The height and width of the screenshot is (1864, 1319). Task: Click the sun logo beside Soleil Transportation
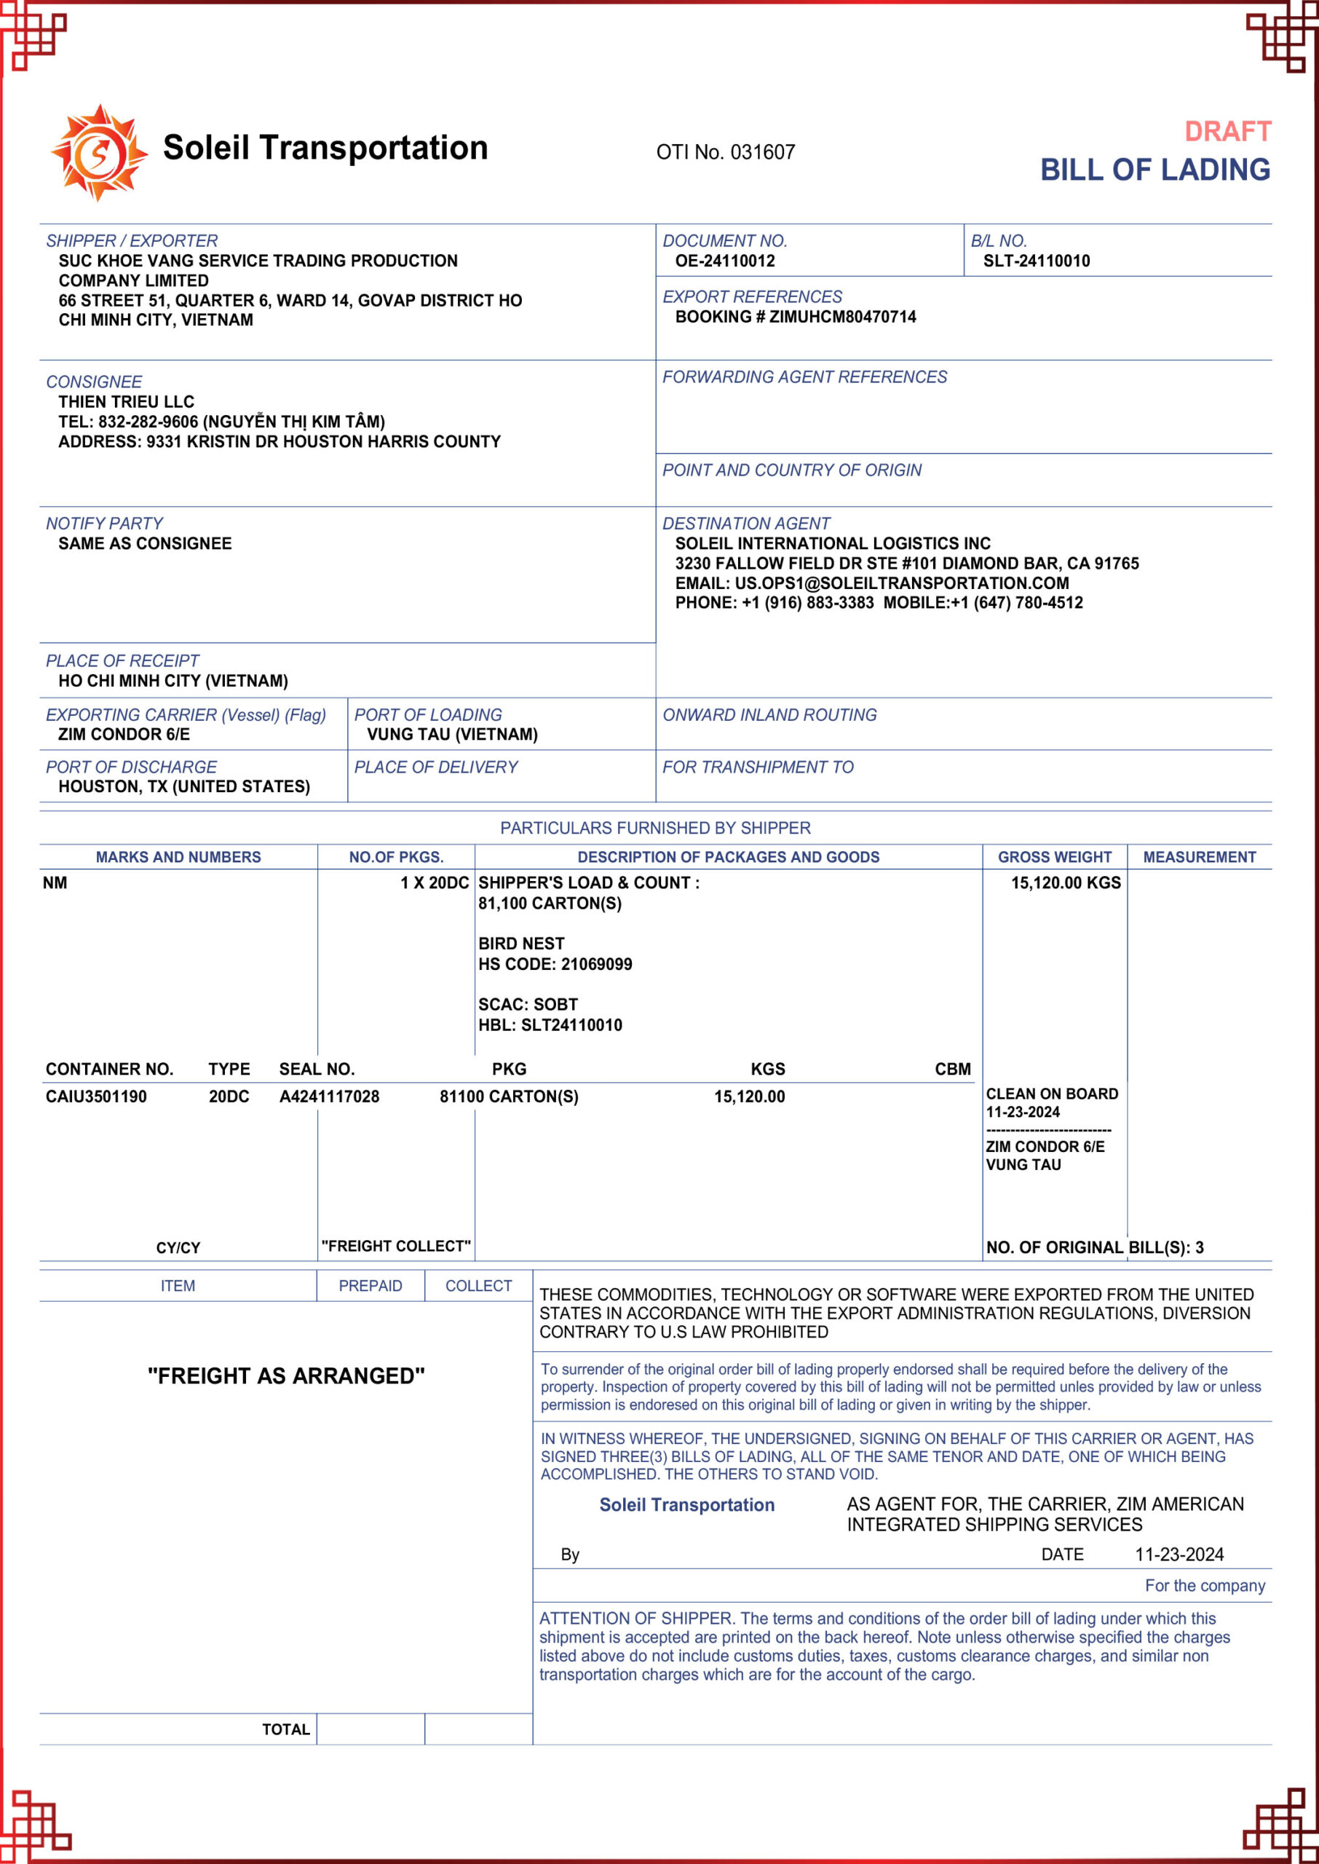[x=99, y=153]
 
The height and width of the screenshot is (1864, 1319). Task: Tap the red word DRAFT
[x=1227, y=132]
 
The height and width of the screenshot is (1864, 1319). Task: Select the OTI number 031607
[x=763, y=153]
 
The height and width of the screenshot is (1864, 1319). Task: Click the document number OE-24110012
[x=724, y=261]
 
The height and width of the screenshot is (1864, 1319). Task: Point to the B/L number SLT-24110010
[x=1037, y=261]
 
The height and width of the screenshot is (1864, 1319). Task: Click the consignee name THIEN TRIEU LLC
[x=127, y=402]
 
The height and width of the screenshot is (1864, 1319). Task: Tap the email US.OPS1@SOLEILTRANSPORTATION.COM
[x=901, y=583]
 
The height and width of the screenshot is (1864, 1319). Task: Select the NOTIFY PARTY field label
[x=104, y=524]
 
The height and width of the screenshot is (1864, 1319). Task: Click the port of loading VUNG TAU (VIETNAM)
[x=452, y=735]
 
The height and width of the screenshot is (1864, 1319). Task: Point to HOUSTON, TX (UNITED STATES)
[x=184, y=787]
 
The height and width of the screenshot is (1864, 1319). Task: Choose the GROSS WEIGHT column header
[x=1054, y=857]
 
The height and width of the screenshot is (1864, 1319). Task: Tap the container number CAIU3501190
[x=96, y=1097]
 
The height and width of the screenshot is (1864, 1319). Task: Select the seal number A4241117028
[x=329, y=1097]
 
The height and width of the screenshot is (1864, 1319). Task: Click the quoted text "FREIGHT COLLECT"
[x=395, y=1246]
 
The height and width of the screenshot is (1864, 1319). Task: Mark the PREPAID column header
[x=371, y=1286]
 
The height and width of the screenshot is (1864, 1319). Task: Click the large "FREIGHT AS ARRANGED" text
[x=286, y=1376]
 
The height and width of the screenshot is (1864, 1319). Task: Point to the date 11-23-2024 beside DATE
[x=1179, y=1555]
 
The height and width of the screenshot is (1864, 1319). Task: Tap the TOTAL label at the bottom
[x=286, y=1729]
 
